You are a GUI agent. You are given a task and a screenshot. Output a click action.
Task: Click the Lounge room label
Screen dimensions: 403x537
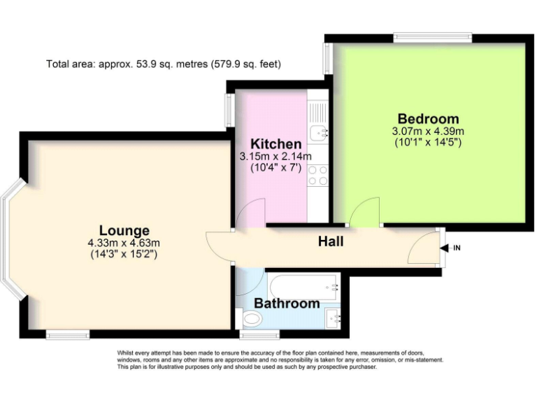(124, 230)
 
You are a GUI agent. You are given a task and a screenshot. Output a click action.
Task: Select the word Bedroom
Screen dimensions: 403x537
(428, 118)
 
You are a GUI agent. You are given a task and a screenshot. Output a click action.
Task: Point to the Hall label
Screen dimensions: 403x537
(331, 241)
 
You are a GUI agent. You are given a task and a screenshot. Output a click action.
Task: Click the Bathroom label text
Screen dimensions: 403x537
(287, 304)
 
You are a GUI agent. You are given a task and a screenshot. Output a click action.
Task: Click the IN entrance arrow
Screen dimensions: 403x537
(445, 248)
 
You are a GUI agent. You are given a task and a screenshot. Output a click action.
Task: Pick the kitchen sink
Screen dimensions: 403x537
(319, 129)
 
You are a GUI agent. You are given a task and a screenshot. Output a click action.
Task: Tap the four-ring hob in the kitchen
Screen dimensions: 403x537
(318, 175)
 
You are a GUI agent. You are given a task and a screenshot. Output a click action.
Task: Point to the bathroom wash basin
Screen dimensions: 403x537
(334, 319)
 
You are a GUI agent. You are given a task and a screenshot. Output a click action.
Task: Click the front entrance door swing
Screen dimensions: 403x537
(423, 246)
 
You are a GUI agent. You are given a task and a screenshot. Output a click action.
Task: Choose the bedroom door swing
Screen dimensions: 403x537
(366, 211)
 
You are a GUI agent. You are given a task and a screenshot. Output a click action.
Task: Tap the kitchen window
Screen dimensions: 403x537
(229, 111)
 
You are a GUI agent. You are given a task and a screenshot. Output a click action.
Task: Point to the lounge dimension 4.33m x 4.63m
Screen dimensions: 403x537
(124, 243)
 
